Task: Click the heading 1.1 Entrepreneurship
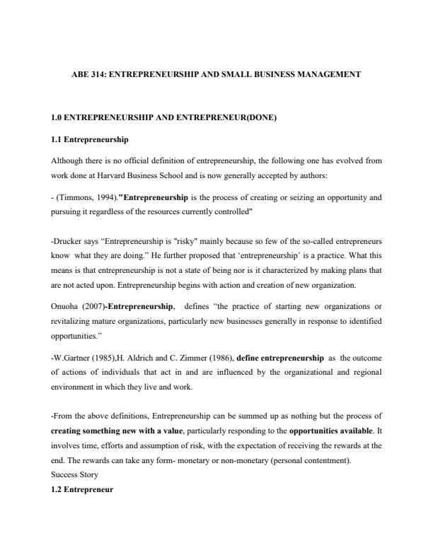pyautogui.click(x=90, y=140)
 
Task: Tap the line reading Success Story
pyautogui.click(x=74, y=475)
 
